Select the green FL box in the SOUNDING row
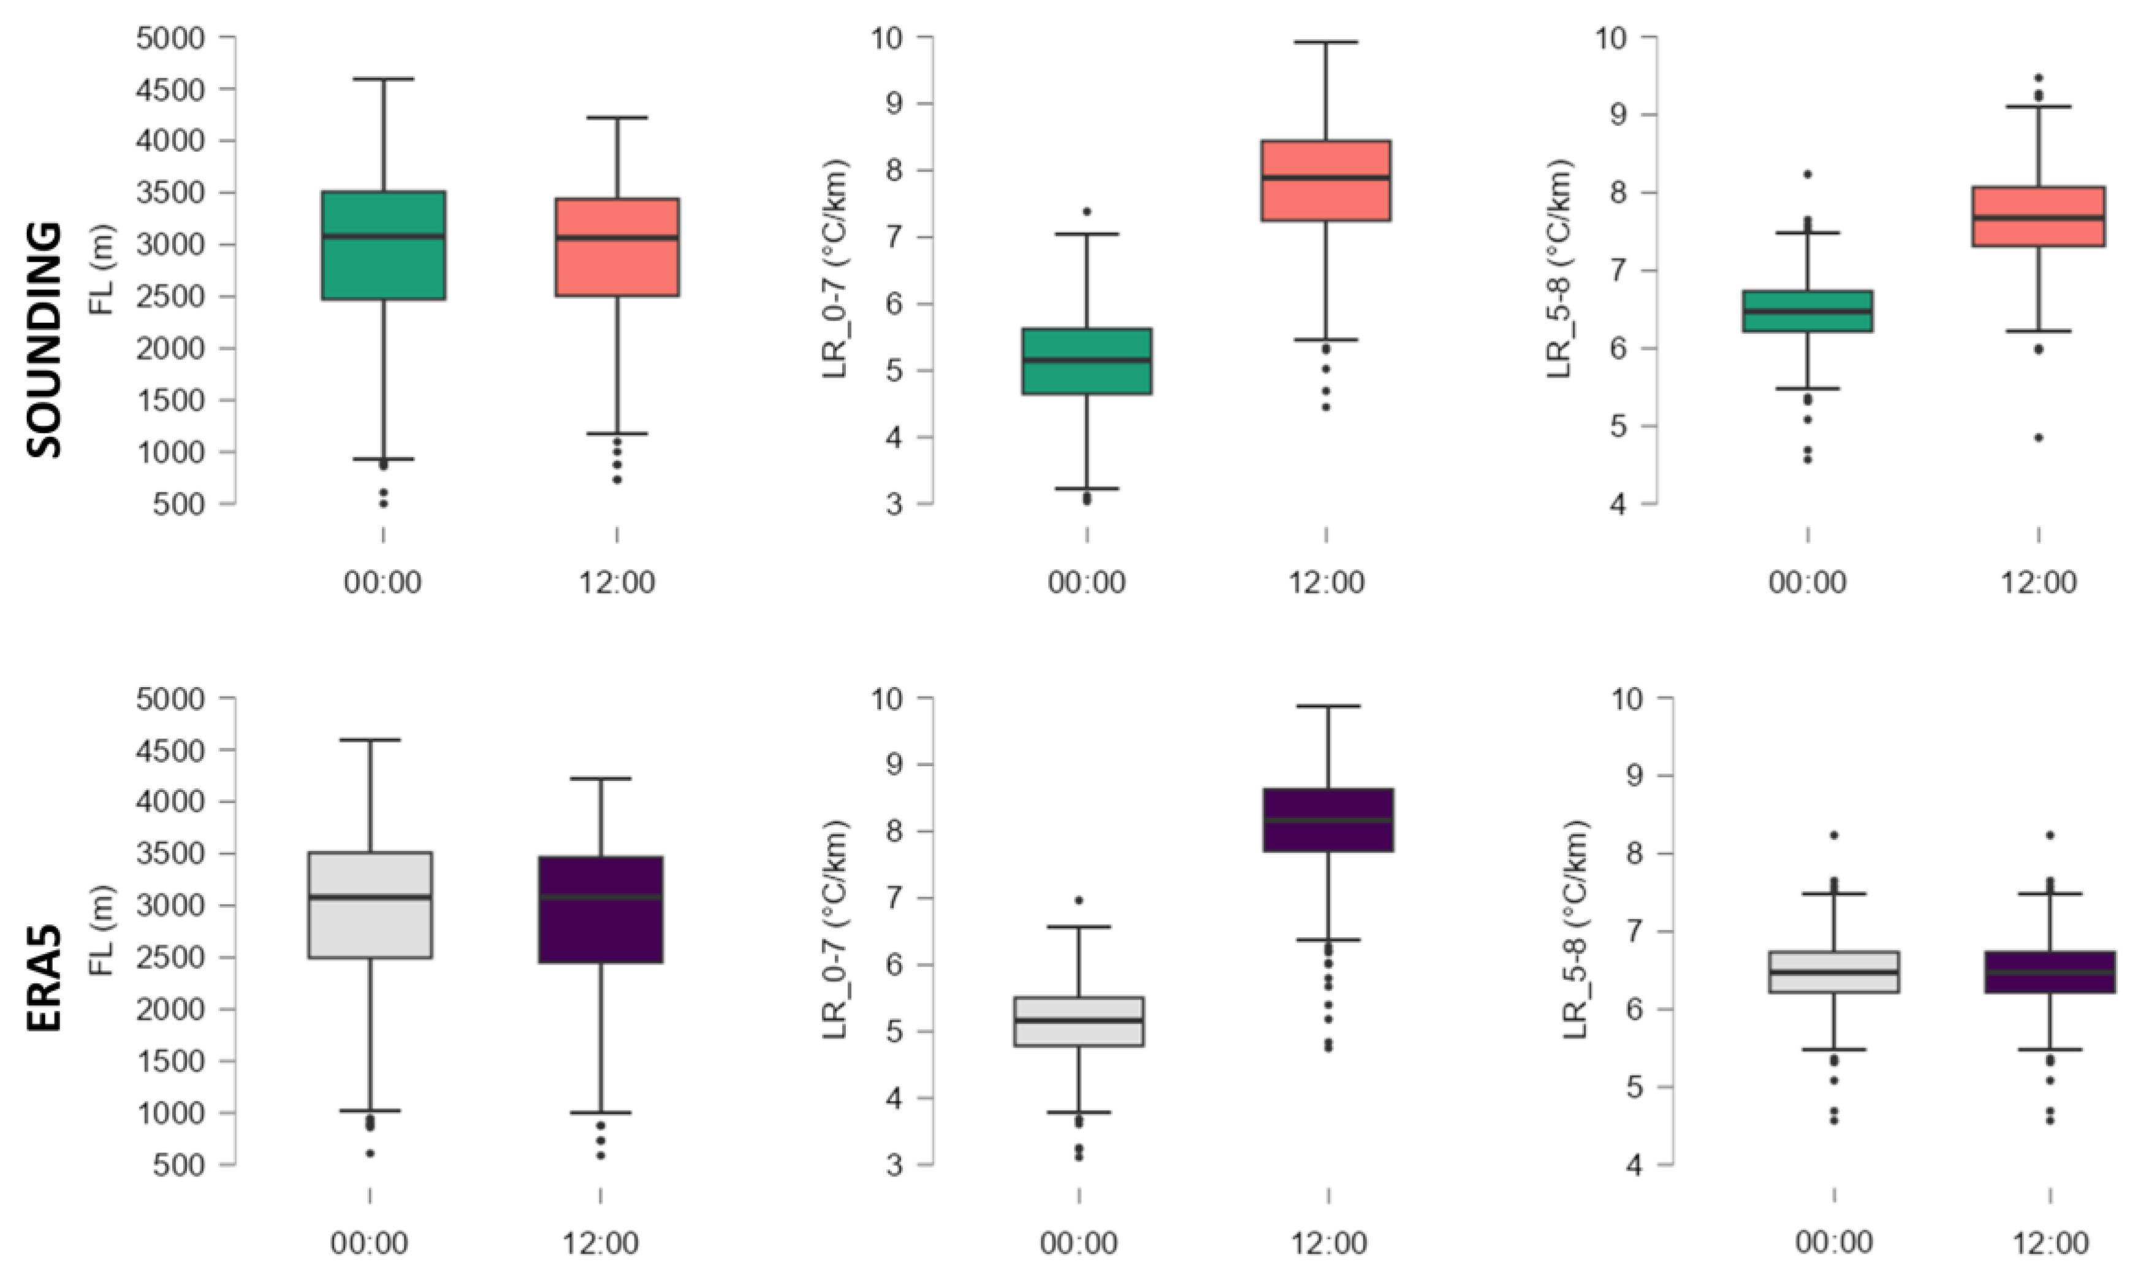pos(383,245)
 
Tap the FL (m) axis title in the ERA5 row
pos(102,931)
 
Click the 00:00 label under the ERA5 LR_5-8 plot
pos(1833,1243)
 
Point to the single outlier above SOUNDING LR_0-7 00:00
pos(1087,211)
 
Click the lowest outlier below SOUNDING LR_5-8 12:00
pos(2038,437)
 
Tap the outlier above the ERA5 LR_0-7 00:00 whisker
pos(1079,900)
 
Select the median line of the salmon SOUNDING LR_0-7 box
pos(1326,178)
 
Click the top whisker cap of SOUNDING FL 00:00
pos(383,79)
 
